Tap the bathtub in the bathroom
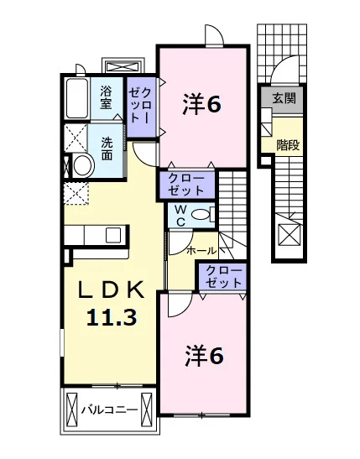click(77, 99)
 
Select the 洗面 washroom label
click(107, 149)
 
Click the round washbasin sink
click(83, 165)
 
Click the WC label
click(181, 216)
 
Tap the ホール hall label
click(201, 251)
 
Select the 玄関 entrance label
click(284, 98)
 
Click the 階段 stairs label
click(289, 144)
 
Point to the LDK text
click(111, 290)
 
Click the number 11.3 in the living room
click(112, 317)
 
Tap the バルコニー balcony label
click(109, 409)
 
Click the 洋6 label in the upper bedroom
click(201, 104)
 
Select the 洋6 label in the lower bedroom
click(204, 356)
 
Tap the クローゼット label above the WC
click(186, 184)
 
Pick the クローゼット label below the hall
click(224, 276)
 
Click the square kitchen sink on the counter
click(113, 235)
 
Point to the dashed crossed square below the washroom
click(76, 193)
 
